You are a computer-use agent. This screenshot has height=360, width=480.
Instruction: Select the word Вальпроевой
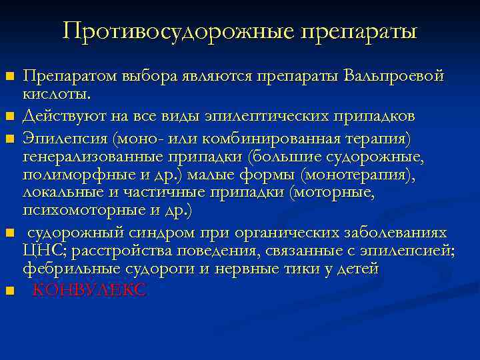pyautogui.click(x=393, y=76)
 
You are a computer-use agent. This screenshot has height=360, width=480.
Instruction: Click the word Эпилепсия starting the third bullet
pyautogui.click(x=65, y=137)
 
